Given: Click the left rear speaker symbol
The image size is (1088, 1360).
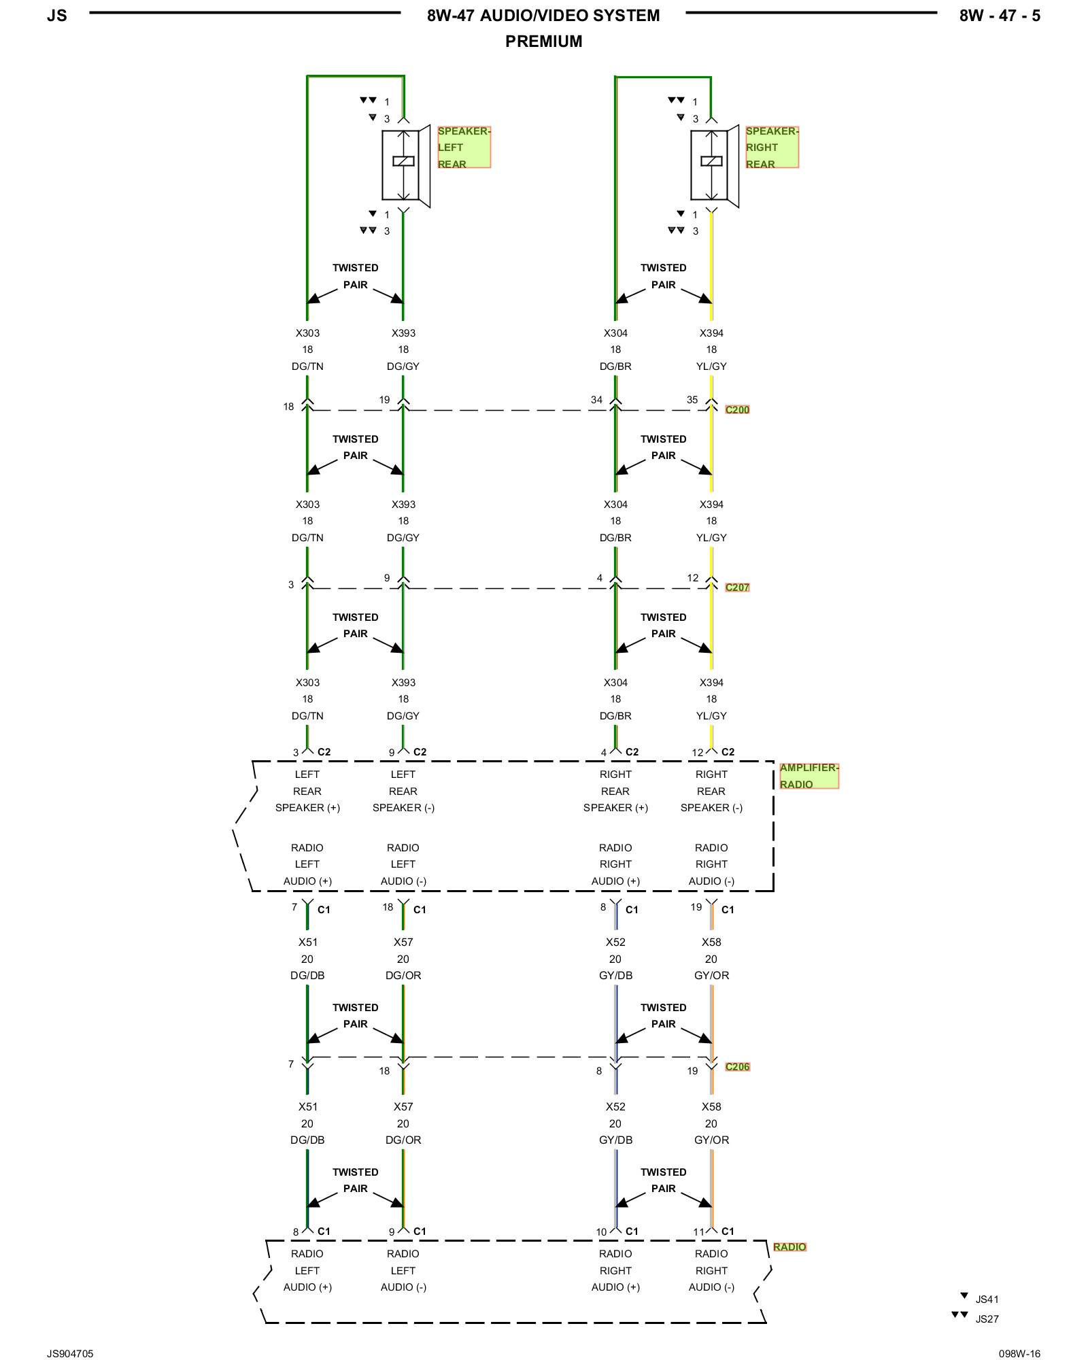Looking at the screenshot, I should tap(405, 165).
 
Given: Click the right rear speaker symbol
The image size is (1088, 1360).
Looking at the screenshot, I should tap(713, 165).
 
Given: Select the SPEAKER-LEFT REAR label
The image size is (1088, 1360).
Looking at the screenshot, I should tap(463, 147).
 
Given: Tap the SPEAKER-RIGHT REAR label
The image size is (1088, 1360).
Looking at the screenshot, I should tap(771, 147).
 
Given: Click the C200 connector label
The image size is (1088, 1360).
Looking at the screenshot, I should tap(737, 409).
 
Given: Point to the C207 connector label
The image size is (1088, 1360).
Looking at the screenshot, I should tap(737, 588).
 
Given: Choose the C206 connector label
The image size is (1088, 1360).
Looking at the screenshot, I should tap(737, 1066).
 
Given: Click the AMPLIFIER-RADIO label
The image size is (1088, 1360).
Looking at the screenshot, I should tap(809, 776).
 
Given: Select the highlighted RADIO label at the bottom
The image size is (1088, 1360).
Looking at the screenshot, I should tap(789, 1246).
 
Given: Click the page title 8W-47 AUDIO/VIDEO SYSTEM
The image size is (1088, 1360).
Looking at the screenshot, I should tap(543, 16).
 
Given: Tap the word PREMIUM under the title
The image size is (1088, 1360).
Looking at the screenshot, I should tap(543, 41).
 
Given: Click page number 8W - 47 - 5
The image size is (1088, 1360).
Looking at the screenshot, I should tap(999, 16).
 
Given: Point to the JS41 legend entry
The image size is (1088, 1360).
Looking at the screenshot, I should tap(987, 1299).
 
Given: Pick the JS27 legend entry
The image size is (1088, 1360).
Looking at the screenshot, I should tap(987, 1319).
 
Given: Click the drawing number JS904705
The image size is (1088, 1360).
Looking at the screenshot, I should tap(70, 1354).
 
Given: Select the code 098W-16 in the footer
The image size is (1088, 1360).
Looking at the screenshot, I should tap(1019, 1354).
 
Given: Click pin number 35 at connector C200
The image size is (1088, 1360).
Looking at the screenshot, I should tap(692, 400).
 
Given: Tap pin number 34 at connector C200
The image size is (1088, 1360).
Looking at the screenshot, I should tap(596, 400).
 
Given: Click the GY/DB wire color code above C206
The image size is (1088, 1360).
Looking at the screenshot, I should tap(615, 975).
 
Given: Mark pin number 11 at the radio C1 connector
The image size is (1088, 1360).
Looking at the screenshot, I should tap(698, 1231).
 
